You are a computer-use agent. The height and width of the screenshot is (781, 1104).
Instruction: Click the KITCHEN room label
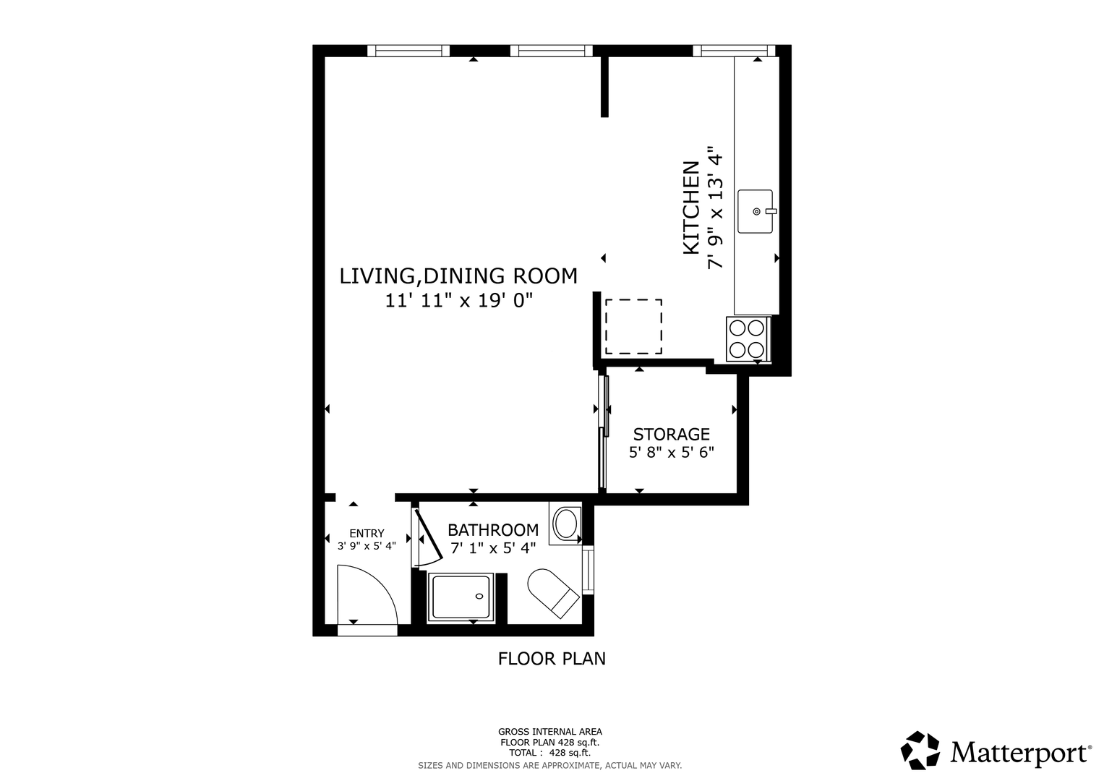coord(691,208)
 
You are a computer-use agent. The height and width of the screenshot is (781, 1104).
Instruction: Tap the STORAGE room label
coord(671,434)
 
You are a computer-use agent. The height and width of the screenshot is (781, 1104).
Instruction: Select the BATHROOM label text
coord(493,530)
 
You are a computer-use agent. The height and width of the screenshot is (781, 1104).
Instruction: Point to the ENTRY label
coord(367,533)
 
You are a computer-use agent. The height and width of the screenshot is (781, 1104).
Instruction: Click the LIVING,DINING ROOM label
coord(458,276)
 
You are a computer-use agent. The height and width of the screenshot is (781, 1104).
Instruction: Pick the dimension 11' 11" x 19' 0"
coord(459,300)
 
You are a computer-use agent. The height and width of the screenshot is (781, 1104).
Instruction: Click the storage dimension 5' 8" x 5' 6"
coord(671,452)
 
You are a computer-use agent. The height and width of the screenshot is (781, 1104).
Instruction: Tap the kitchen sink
coord(756,211)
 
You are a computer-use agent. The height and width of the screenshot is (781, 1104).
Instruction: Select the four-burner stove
coord(748,339)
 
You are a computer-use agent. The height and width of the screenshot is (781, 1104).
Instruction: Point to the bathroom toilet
coord(553,593)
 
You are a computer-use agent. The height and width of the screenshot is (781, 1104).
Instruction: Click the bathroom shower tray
coord(461,597)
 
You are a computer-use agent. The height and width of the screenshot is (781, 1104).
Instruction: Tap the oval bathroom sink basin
coord(566,524)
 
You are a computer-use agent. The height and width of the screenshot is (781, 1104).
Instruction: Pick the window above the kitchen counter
coord(734,51)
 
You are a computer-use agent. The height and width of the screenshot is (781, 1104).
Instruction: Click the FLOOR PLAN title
coord(552,659)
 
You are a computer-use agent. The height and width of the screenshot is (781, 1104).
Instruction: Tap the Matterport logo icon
coord(920,750)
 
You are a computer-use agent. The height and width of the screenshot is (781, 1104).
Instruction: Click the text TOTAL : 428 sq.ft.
coord(550,753)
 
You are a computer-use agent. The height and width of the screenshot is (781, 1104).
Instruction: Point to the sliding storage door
coord(604,432)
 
